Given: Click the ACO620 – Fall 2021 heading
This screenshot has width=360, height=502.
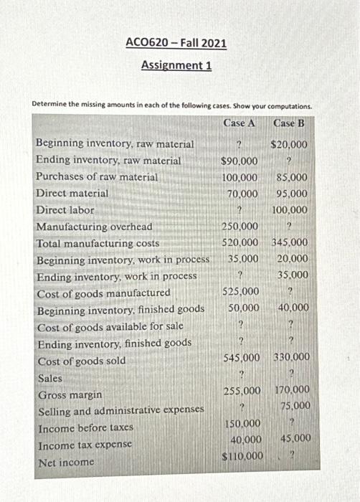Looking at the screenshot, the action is point(176,43).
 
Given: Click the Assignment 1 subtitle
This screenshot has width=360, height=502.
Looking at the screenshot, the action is point(176,65).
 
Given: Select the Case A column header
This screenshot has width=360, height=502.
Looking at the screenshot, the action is point(240,123).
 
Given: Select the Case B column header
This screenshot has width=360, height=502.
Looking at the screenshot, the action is point(289,123).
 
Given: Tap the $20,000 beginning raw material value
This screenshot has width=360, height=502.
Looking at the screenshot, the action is point(290,144).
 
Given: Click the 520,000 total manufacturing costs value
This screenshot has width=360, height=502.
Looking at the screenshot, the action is point(240,243).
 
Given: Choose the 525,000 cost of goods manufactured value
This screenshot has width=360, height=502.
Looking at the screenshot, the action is point(240,292).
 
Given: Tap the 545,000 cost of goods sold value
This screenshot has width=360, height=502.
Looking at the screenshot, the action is point(241,357).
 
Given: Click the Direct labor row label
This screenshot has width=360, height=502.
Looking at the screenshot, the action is point(65,210).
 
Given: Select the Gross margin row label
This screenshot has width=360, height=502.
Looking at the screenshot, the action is point(70,395).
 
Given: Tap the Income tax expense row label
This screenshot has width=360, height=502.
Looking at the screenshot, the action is point(85,445).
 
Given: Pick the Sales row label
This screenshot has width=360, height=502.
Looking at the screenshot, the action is point(50,378).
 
